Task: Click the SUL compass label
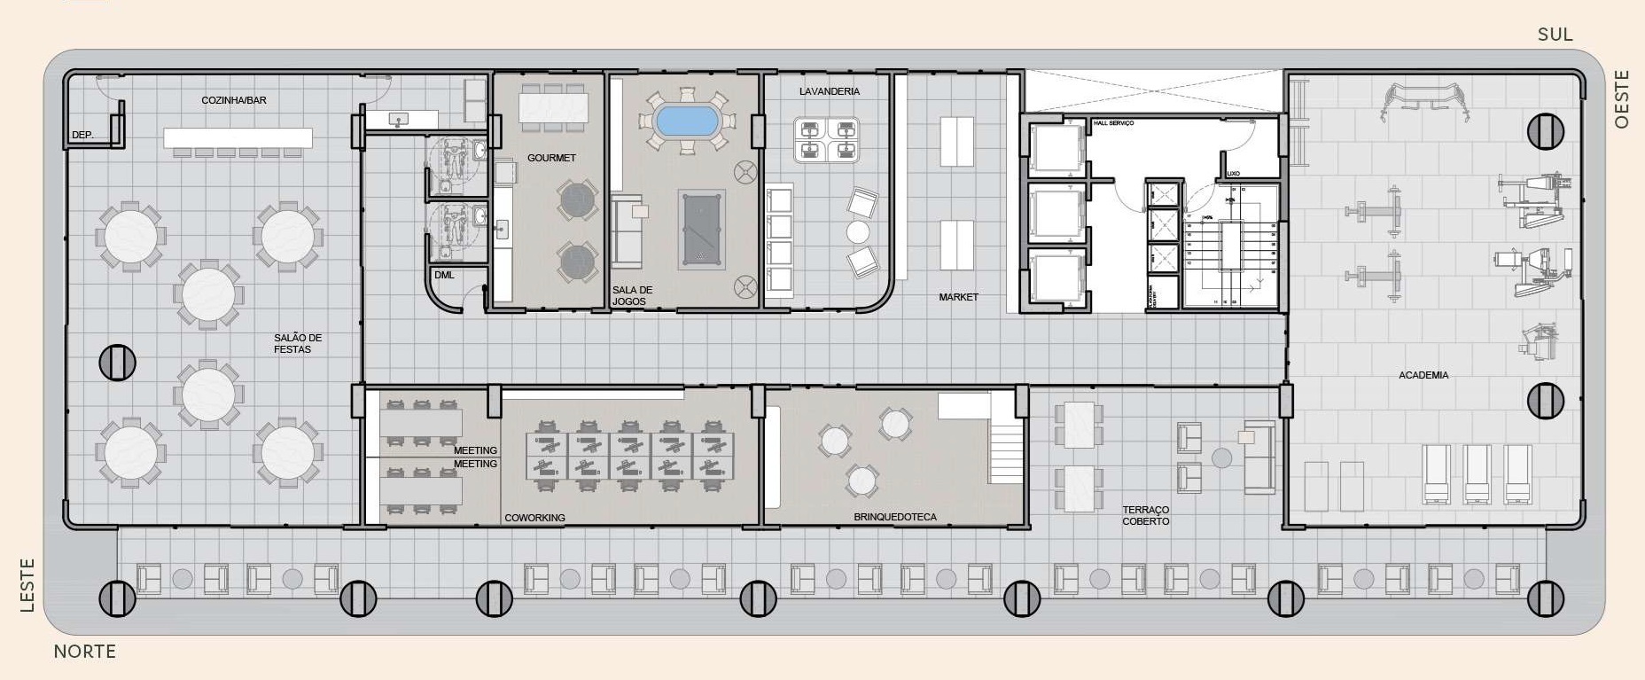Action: [x=1555, y=35]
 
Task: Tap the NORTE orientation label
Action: [x=85, y=652]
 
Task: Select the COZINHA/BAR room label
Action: [x=234, y=100]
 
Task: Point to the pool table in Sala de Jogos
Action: [x=701, y=230]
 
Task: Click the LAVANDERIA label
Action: [x=829, y=91]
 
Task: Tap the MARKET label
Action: [x=958, y=297]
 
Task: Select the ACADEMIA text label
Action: [x=1423, y=375]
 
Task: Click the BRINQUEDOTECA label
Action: [x=894, y=517]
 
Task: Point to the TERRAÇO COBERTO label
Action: [x=1146, y=515]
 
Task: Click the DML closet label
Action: [x=444, y=275]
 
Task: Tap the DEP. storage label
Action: [x=82, y=136]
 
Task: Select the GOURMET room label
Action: [x=551, y=158]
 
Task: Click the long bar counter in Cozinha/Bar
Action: [x=238, y=138]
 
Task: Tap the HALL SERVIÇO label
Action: [x=1113, y=123]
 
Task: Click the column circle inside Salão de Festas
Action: [x=117, y=362]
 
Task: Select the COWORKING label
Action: [x=534, y=518]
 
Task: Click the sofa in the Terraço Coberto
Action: [x=1259, y=457]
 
